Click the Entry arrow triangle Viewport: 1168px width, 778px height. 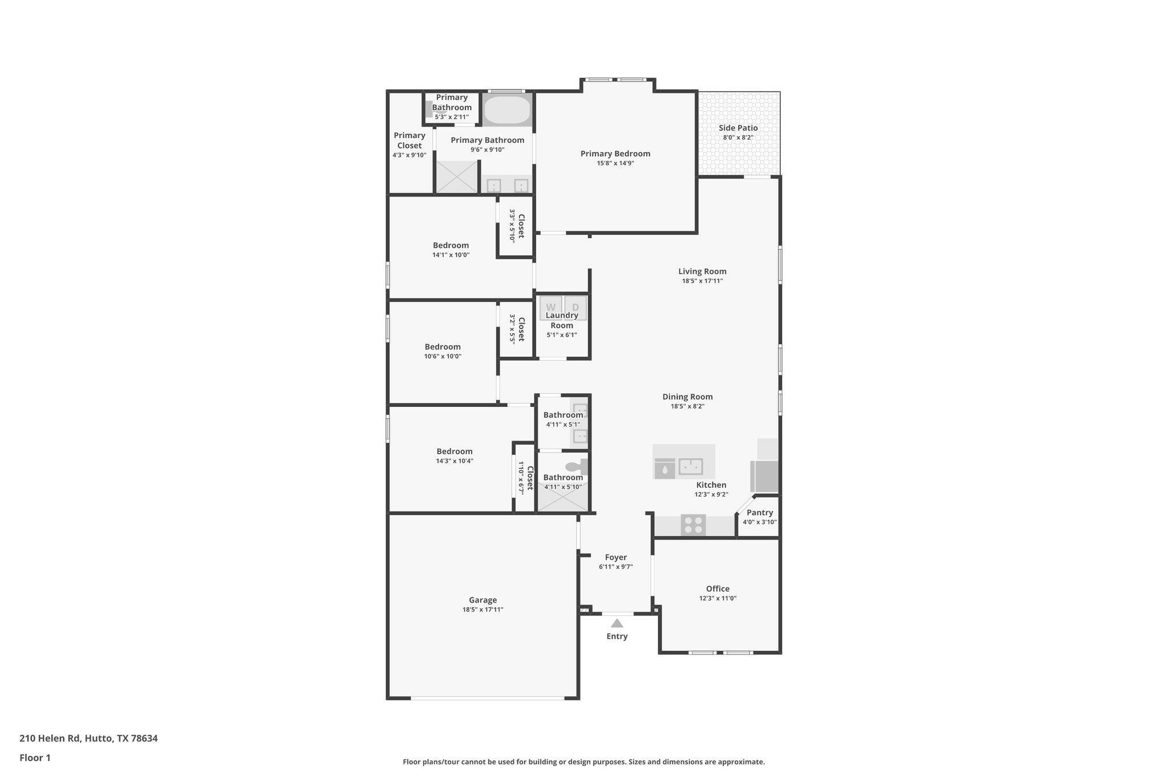(x=617, y=623)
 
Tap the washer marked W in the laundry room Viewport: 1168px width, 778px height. (x=550, y=307)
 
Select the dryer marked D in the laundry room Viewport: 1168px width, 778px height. (x=575, y=307)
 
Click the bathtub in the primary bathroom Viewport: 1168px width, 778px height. (x=507, y=110)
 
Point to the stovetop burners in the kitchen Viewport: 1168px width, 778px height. (x=693, y=525)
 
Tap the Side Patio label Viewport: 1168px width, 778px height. (x=738, y=128)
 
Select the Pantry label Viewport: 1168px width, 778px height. (x=760, y=512)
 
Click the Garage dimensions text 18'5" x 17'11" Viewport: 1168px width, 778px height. (x=482, y=609)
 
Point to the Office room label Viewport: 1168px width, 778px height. (x=717, y=589)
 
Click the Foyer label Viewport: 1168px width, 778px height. (x=615, y=557)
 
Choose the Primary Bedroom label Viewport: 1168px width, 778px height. (x=615, y=153)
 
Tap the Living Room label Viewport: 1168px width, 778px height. (x=702, y=271)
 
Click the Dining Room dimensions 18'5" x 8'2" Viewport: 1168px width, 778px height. (x=687, y=406)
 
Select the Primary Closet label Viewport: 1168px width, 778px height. (x=409, y=140)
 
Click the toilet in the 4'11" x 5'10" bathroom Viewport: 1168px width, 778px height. (x=576, y=466)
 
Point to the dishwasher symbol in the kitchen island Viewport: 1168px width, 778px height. (x=664, y=469)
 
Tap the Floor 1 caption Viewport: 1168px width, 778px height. (x=35, y=757)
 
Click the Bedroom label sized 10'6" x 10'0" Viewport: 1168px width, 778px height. (x=442, y=347)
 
